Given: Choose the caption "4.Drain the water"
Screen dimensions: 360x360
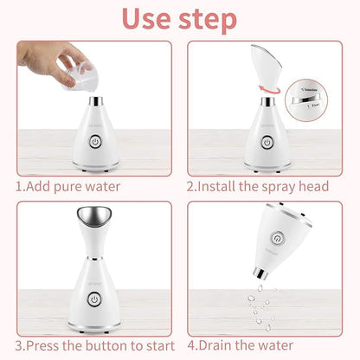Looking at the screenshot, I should (251, 345).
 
